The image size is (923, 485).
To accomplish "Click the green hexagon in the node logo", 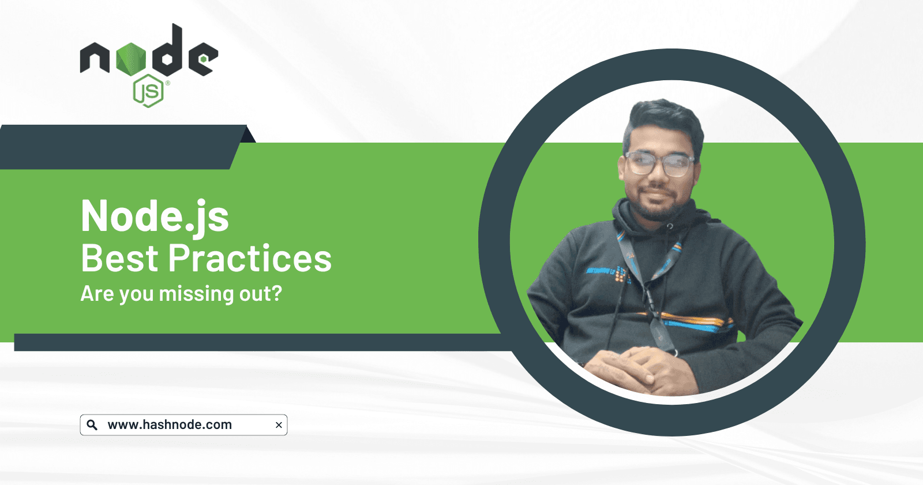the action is (131, 59).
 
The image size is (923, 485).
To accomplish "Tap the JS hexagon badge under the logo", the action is (148, 91).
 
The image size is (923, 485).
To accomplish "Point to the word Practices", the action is (250, 259).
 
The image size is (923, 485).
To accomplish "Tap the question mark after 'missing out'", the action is (277, 293).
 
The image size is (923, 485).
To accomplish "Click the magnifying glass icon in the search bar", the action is (92, 425).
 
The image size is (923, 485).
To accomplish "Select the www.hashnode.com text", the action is (170, 425).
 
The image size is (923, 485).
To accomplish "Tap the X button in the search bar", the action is (279, 425).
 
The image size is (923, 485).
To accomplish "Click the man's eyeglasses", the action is (659, 164).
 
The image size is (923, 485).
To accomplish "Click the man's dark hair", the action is (663, 120).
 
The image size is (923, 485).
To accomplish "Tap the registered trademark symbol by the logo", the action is (168, 83).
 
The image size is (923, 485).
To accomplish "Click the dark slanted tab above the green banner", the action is (123, 147).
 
